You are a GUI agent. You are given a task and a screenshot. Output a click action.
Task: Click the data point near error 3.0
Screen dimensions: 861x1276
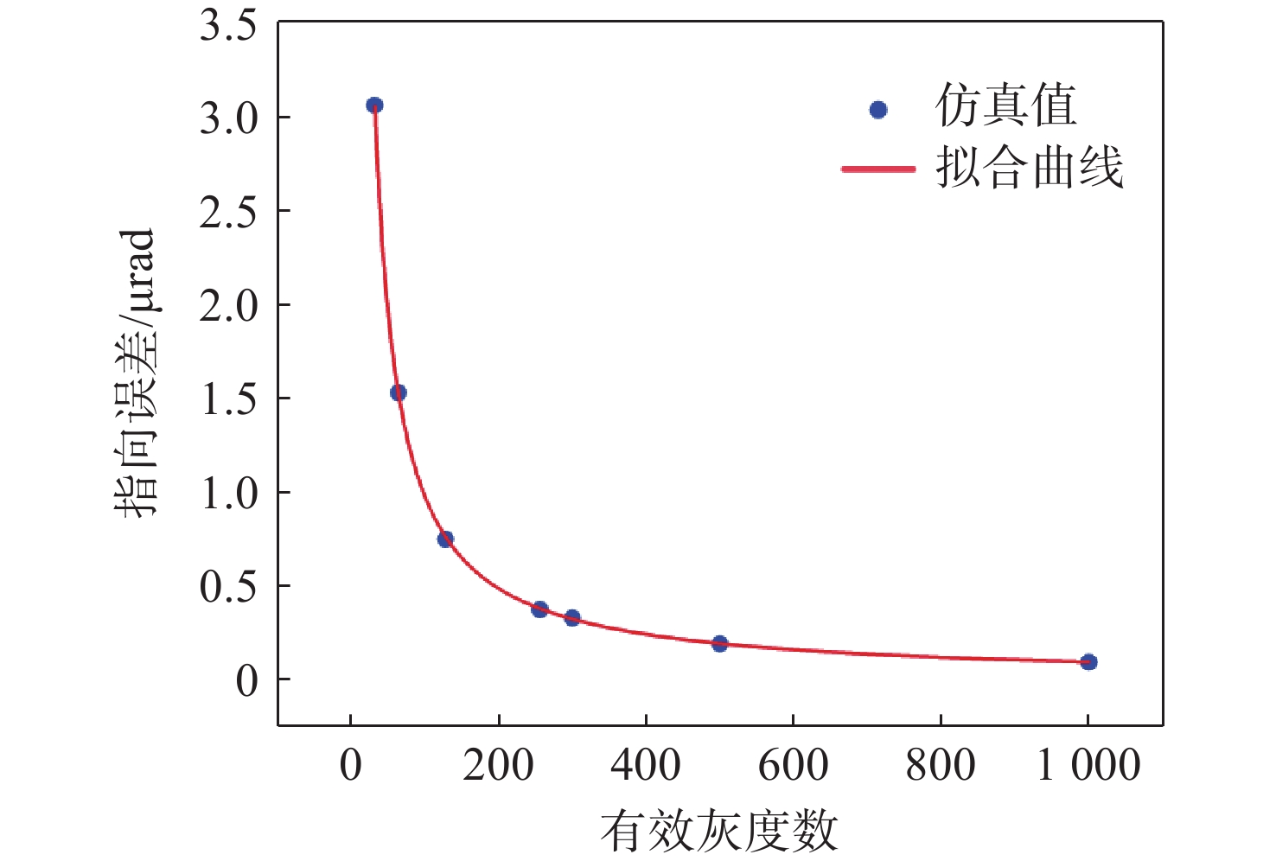point(374,105)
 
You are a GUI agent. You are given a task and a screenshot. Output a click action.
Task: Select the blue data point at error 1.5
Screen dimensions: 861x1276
point(399,392)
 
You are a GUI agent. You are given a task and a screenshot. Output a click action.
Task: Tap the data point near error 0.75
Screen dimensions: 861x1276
point(445,539)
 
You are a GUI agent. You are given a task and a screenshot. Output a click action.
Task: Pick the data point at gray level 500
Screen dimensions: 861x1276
point(720,643)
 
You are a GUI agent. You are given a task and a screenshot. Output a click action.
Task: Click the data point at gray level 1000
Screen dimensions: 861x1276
point(1088,662)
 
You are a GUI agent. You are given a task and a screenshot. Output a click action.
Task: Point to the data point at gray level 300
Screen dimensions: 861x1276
point(572,618)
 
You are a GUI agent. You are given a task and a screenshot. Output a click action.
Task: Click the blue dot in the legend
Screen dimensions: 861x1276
point(878,110)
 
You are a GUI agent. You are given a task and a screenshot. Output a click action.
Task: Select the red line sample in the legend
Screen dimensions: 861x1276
point(878,169)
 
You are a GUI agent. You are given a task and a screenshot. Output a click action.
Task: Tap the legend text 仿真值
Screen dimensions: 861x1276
point(1005,106)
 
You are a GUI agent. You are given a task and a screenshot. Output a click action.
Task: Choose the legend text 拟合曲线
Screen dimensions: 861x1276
point(1029,167)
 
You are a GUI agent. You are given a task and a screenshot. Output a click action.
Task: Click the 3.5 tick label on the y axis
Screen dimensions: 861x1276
point(228,26)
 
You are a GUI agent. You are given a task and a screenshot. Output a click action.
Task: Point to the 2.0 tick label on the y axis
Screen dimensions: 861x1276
point(228,305)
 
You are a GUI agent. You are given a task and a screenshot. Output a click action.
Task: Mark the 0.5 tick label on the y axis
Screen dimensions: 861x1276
point(228,587)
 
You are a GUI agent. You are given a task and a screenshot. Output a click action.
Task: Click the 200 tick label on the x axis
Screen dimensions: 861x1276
point(498,766)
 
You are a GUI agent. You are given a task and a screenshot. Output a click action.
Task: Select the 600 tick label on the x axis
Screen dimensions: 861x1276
point(793,766)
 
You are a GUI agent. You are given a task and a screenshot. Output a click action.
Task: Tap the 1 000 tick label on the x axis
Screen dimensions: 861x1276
point(1088,766)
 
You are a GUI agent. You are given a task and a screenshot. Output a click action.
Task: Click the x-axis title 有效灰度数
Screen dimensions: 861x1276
point(719,831)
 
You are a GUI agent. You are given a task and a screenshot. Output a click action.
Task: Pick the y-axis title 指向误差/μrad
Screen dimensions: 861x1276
point(136,372)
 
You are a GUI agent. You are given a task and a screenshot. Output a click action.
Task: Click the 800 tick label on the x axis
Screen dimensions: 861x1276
point(941,766)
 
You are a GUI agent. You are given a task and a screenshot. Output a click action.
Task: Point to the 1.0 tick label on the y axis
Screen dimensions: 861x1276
point(228,493)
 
